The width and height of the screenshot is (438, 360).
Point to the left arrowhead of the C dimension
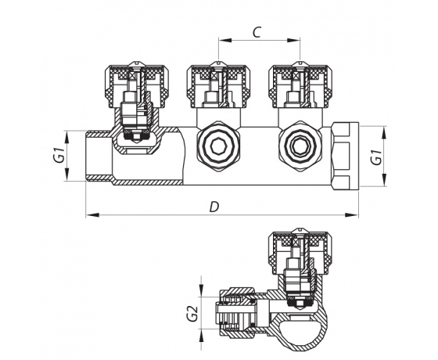click(221, 41)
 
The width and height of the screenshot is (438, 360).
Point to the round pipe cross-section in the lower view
click(299, 326)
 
